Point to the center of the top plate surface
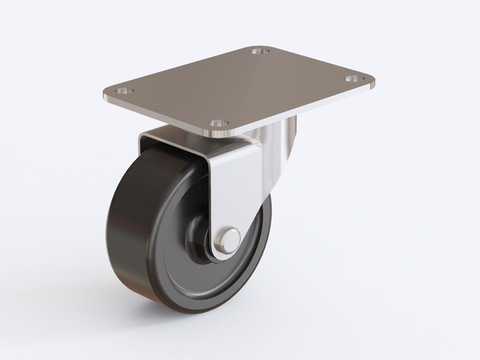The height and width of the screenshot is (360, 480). [240, 90]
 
